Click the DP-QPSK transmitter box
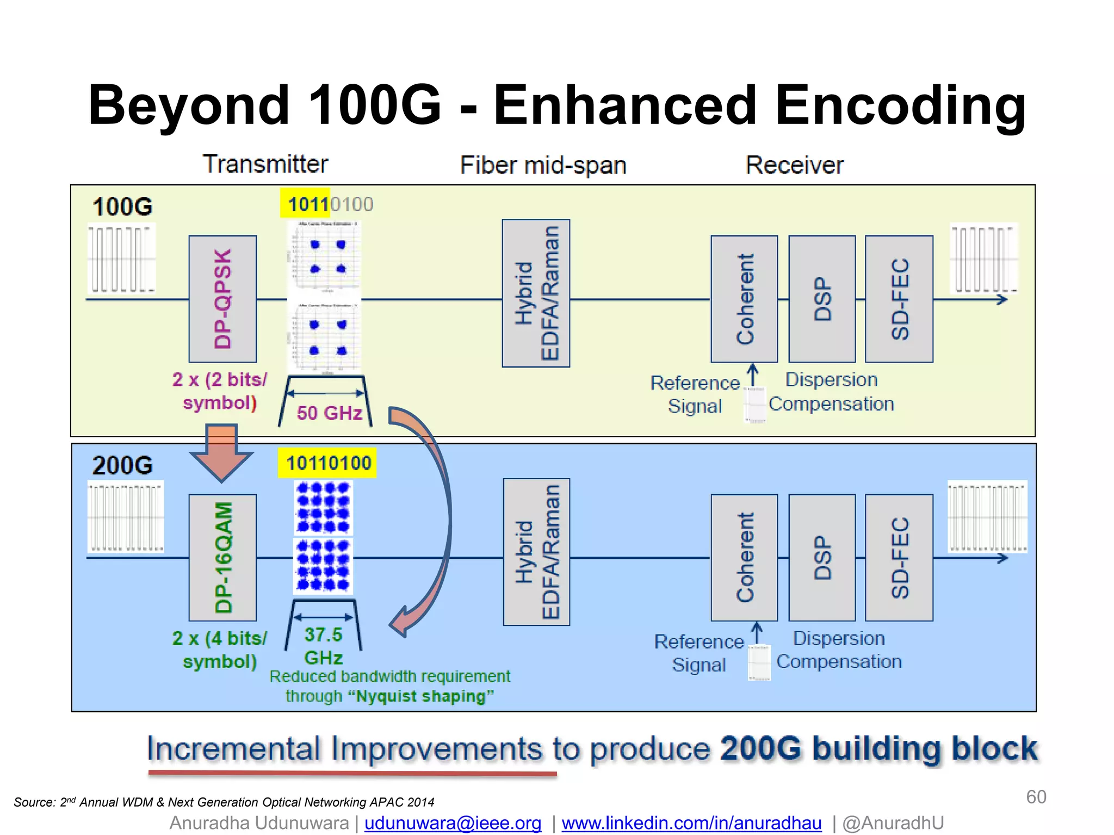222,299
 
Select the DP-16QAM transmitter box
222,557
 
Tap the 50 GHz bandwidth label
329,413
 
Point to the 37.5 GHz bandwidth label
323,646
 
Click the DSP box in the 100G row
822,299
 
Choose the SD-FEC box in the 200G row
899,557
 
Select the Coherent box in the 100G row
744,299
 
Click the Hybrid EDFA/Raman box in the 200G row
536,552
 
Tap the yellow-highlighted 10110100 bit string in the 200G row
327,463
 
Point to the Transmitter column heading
265,164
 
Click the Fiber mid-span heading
543,165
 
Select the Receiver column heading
794,165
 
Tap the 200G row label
122,465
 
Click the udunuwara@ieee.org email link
453,823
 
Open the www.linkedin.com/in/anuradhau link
691,823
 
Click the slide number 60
1036,797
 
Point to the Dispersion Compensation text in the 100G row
831,392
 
